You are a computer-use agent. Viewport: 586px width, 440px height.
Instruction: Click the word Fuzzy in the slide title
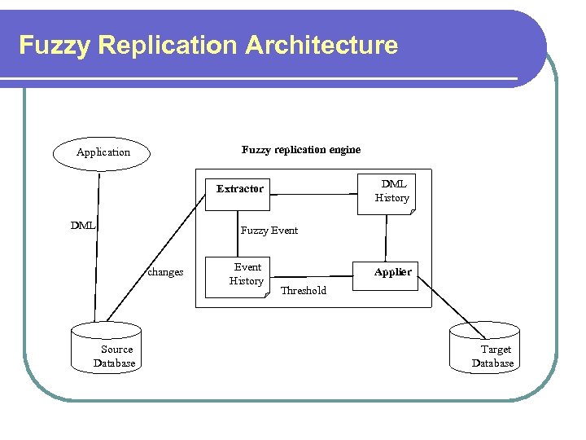point(53,45)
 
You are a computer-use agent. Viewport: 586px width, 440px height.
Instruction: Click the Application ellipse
point(103,152)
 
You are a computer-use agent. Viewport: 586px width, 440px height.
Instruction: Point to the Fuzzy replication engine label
point(301,150)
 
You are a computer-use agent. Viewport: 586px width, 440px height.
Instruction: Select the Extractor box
point(240,189)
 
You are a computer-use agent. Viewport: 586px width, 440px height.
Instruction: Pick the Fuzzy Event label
point(269,231)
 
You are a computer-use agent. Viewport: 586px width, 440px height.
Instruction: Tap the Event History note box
point(247,275)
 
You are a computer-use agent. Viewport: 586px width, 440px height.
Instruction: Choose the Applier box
point(392,272)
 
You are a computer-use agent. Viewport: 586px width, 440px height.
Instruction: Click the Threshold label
point(303,291)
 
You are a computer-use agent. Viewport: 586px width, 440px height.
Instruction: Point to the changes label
point(165,272)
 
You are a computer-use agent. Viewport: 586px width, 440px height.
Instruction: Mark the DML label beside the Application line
point(82,225)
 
